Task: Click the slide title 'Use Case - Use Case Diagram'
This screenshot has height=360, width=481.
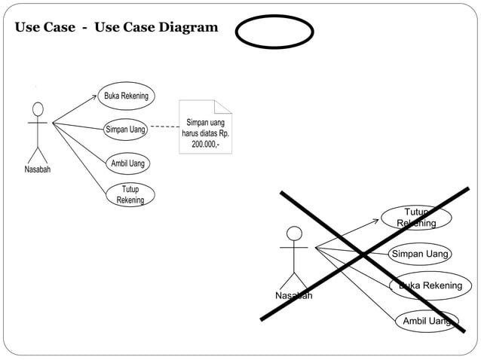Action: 116,28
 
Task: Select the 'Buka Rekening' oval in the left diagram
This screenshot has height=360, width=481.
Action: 126,96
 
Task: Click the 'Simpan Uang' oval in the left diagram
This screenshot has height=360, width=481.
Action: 125,130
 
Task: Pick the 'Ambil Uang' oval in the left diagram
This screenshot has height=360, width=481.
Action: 127,163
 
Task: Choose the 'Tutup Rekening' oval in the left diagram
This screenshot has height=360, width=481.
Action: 130,194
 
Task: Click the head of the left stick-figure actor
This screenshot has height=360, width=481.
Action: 38,108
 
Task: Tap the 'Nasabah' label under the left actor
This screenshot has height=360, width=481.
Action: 38,169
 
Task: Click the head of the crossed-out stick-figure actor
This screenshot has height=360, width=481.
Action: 294,233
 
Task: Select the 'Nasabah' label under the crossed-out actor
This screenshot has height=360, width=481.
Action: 293,295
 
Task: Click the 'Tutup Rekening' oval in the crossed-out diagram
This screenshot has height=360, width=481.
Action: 416,218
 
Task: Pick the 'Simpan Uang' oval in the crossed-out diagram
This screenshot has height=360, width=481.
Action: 420,254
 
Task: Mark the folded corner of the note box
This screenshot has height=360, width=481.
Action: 224,108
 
